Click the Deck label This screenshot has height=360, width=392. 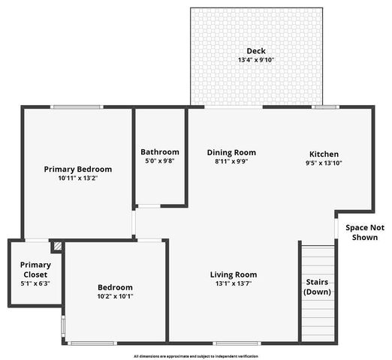256,51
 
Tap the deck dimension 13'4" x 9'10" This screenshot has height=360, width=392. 256,60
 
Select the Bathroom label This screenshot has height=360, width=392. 160,151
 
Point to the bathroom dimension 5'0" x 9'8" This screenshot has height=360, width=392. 160,160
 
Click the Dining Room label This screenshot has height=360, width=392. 231,152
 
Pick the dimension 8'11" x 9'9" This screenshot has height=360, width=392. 231,161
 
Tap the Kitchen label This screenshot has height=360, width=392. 324,154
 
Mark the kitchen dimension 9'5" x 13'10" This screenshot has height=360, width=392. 324,163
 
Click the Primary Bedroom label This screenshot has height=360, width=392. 77,169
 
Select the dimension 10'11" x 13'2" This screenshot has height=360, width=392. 77,178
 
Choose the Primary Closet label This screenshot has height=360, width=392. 35,269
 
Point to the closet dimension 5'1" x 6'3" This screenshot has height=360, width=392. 35,283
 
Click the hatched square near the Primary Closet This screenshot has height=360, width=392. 56,246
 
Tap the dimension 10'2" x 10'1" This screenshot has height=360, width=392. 115,296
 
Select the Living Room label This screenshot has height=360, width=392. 234,274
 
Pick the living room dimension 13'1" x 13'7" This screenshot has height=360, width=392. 234,283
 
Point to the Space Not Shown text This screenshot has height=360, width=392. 364,232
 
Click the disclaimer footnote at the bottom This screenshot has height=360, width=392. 195,355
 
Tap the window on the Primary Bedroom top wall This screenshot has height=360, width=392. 77,107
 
